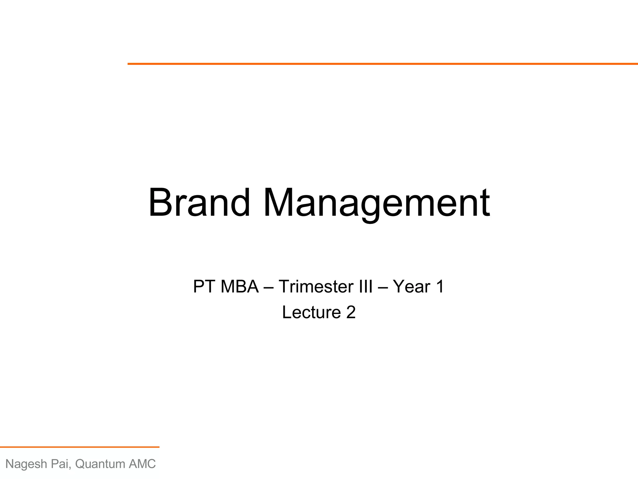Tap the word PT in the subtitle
tap(204, 286)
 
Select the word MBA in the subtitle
tap(240, 286)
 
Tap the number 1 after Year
tap(440, 286)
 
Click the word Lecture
tap(311, 312)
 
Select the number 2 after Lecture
tap(351, 312)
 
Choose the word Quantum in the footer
tap(100, 464)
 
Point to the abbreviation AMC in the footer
tap(142, 464)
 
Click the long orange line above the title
tap(383, 64)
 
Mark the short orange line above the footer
tap(79, 447)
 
